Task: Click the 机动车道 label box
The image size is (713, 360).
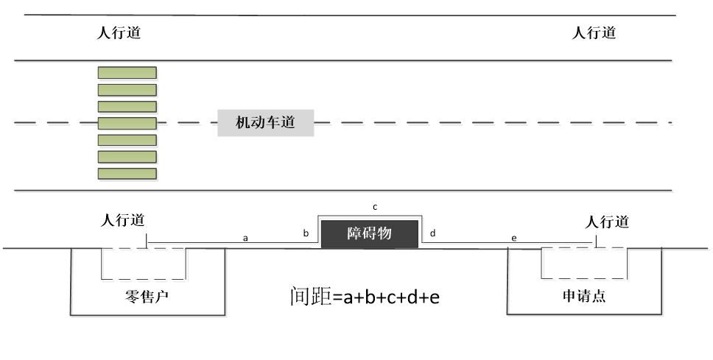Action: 266,123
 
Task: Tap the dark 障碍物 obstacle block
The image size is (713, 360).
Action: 370,234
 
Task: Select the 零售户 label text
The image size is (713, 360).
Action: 147,297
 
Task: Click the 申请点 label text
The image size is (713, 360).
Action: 584,296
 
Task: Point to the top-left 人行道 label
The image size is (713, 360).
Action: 119,32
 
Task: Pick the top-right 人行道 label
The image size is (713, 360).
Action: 594,32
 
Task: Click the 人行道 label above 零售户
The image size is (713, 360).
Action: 123,220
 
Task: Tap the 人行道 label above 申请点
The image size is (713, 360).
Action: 607,222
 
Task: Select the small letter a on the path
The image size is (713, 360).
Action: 245,239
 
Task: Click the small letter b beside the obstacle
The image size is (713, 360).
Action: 306,233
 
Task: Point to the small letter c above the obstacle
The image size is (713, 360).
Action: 375,208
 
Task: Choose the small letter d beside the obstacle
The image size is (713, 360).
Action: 433,233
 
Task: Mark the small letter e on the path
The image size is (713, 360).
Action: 514,239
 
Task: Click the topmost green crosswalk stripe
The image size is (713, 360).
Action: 127,73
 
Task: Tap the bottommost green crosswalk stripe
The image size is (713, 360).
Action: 127,174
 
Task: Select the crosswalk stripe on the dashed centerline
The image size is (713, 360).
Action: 127,123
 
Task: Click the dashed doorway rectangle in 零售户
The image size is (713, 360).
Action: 101,264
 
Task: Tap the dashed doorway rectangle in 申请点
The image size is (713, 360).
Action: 541,263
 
